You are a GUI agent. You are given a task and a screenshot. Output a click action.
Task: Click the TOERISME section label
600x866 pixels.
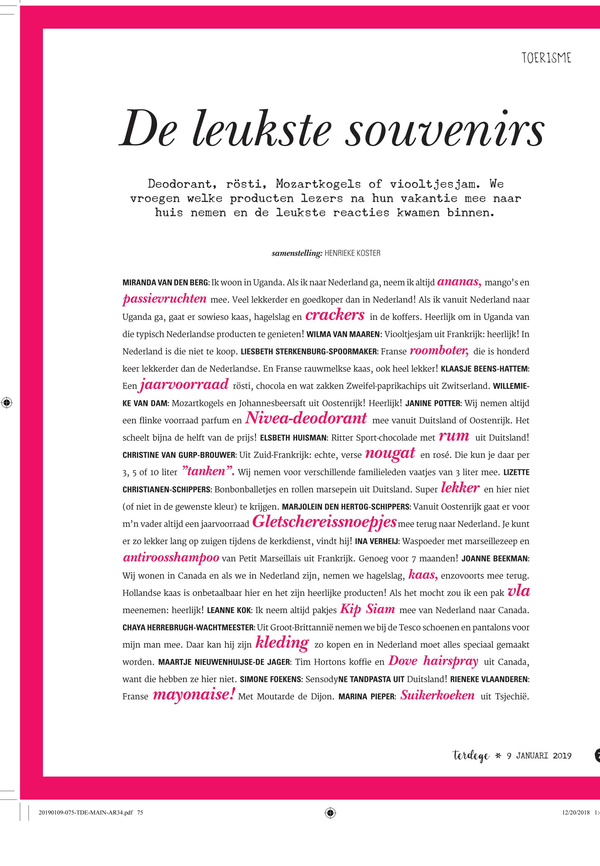pyautogui.click(x=546, y=58)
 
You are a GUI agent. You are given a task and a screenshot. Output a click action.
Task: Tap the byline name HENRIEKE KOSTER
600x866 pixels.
pyautogui.click(x=352, y=253)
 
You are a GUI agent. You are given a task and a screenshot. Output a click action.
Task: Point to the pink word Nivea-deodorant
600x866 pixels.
pyautogui.click(x=306, y=418)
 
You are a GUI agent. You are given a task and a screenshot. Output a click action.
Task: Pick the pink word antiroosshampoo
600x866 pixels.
pyautogui.click(x=171, y=557)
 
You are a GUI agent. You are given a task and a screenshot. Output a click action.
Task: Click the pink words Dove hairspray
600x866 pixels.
pyautogui.click(x=433, y=661)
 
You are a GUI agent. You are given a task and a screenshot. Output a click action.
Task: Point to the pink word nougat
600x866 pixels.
pyautogui.click(x=390, y=453)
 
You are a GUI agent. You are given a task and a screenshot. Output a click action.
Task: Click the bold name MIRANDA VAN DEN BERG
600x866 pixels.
pyautogui.click(x=166, y=283)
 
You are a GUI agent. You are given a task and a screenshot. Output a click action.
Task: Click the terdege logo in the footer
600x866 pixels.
pyautogui.click(x=471, y=756)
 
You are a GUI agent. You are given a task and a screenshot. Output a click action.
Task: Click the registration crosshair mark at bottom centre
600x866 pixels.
pyautogui.click(x=330, y=823)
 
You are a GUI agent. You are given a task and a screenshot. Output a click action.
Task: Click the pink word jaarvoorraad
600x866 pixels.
pyautogui.click(x=184, y=384)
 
